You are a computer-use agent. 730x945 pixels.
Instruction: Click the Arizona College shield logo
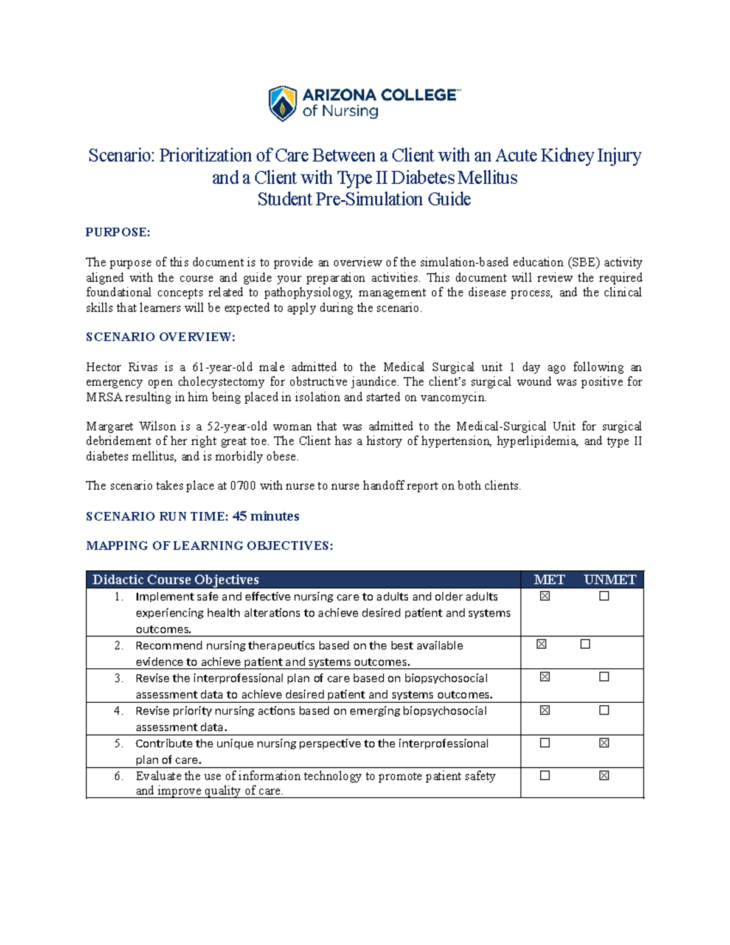pos(283,103)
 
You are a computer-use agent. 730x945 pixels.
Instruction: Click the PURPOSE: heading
pos(117,232)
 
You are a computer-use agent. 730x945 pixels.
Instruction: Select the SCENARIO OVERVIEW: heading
pos(160,337)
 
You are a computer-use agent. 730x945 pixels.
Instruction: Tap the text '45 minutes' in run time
pos(266,516)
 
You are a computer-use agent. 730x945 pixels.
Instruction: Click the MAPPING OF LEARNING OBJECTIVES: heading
pos(209,545)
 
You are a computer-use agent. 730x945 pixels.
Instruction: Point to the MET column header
pos(549,579)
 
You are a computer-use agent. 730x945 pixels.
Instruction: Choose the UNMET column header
pos(610,579)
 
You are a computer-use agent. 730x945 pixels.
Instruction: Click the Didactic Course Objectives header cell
pos(176,579)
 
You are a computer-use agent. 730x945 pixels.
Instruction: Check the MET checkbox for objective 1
pos(545,596)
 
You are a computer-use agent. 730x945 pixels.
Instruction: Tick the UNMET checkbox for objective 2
pos(585,644)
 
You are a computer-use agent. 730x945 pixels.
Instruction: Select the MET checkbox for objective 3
pos(545,677)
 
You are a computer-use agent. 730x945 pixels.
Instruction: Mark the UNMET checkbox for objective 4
pos(604,710)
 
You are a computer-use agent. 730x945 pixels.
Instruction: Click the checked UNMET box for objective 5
pos(604,743)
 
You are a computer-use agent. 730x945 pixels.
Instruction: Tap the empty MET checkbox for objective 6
pos(545,776)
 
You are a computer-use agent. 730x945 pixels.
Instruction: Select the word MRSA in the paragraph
pos(103,397)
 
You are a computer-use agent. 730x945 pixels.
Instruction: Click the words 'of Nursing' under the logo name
pos(340,111)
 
